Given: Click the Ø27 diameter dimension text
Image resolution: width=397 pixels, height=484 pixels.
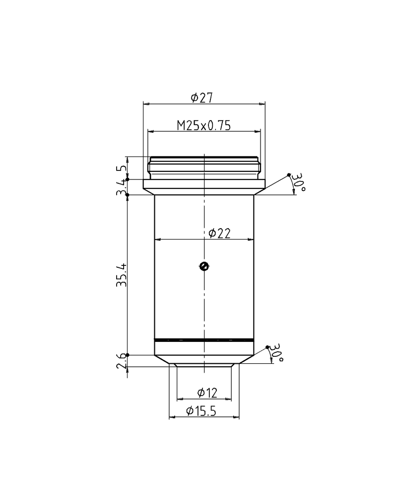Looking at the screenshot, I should tap(201, 97).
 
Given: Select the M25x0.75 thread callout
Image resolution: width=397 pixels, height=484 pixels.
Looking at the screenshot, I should tap(204, 125).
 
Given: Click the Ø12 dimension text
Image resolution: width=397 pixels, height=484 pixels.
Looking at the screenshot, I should tap(207, 393).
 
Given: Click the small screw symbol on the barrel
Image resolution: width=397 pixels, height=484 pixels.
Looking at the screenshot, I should tap(202, 266).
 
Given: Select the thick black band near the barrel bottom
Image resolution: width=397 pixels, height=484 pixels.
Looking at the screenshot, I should tap(204, 340).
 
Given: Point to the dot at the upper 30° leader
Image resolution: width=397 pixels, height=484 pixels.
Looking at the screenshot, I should tap(289, 174).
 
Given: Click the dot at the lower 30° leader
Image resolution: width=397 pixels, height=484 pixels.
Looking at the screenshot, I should tap(268, 346).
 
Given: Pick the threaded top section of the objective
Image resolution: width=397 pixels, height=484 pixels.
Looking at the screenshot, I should tap(204, 168).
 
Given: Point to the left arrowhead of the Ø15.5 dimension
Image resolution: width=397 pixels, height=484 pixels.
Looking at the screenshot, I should tap(172, 416).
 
